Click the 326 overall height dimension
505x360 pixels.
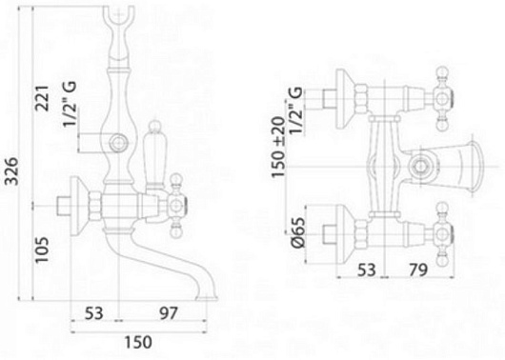(13, 171)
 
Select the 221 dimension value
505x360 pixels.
(42, 98)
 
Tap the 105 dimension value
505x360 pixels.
(42, 250)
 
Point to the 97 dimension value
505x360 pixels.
(169, 313)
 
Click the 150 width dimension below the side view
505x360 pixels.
(138, 342)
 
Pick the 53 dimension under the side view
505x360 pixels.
(94, 313)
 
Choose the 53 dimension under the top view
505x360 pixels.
(367, 270)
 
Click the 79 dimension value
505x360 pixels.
(418, 270)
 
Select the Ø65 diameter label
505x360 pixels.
(297, 232)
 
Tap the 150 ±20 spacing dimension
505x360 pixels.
(278, 148)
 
